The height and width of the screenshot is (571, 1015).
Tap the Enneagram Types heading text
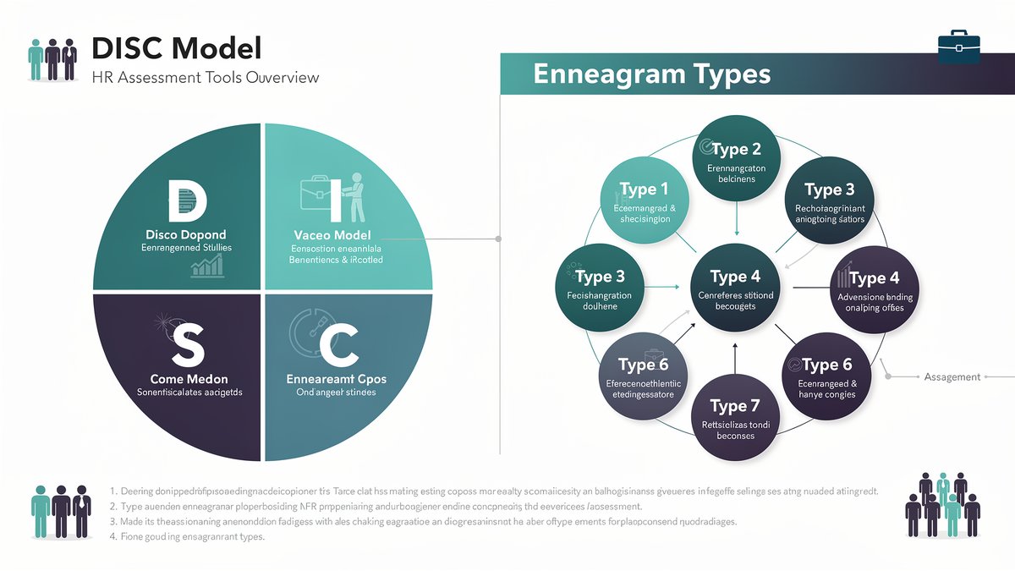click(652, 74)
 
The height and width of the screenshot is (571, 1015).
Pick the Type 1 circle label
click(644, 189)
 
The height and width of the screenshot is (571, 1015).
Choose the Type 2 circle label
click(736, 150)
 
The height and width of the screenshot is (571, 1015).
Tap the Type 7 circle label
click(728, 406)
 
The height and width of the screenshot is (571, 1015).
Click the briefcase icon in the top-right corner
click(959, 47)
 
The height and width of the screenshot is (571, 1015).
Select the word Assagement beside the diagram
click(952, 377)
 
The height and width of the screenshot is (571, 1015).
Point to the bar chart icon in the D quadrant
click(207, 266)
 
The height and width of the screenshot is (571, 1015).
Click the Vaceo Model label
click(332, 234)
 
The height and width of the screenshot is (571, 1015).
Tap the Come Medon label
click(189, 379)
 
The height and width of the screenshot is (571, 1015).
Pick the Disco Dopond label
click(185, 234)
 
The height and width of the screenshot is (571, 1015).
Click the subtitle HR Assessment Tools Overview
click(206, 78)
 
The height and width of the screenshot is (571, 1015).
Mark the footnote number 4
click(112, 537)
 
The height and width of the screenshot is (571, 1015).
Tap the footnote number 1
click(112, 491)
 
